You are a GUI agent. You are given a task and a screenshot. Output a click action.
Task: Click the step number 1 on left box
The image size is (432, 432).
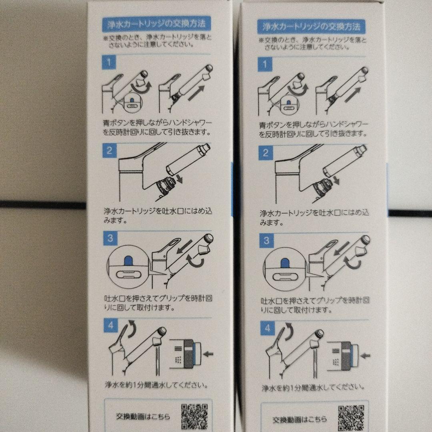click(109, 63)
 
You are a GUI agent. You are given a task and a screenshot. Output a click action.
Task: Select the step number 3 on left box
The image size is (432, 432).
click(110, 239)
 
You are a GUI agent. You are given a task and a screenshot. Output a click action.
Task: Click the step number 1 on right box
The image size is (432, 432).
click(264, 64)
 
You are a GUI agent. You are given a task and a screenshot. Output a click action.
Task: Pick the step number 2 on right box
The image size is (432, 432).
click(265, 152)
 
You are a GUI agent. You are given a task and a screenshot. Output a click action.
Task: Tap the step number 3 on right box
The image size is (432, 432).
click(266, 241)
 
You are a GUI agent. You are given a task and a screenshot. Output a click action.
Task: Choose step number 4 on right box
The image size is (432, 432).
click(267, 328)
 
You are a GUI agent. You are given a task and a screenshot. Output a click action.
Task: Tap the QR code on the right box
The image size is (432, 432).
click(351, 418)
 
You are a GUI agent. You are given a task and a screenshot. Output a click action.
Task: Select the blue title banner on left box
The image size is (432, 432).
click(156, 24)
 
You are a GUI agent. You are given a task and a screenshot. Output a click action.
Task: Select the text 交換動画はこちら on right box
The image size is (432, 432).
click(300, 420)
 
